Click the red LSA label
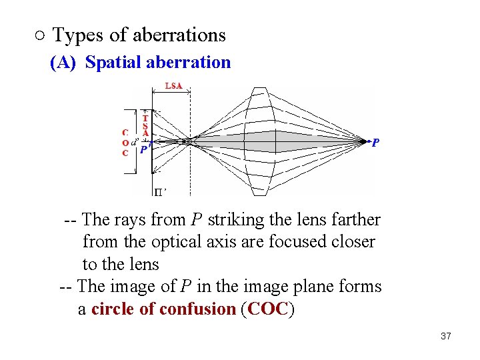point(173,86)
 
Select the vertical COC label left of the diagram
point(125,143)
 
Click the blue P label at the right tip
point(376,143)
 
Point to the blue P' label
point(144,151)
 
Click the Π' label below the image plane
point(160,192)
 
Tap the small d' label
point(135,141)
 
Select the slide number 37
point(446,336)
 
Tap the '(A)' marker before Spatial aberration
point(63,63)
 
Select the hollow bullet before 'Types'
point(39,35)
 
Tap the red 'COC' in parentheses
point(267,309)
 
